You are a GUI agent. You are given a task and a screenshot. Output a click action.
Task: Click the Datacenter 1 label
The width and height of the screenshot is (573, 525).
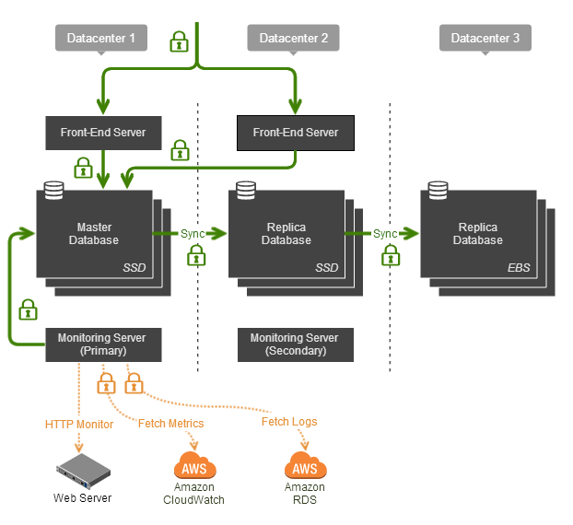click(101, 39)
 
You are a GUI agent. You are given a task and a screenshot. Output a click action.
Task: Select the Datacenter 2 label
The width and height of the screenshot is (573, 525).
click(294, 39)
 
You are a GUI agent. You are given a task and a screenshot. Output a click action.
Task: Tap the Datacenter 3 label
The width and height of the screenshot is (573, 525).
click(485, 39)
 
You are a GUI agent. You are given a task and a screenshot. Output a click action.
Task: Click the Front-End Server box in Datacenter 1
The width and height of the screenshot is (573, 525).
click(103, 133)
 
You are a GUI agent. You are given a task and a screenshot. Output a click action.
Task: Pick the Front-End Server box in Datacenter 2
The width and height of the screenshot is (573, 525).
click(295, 133)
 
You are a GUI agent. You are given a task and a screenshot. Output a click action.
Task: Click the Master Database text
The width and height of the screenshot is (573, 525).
click(97, 234)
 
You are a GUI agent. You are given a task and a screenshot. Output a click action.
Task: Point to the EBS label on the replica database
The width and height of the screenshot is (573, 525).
click(518, 268)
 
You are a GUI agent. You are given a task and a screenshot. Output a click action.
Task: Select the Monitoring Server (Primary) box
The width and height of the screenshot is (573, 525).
click(102, 344)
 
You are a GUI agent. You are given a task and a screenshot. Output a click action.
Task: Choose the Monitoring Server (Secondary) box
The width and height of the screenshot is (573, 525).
click(295, 344)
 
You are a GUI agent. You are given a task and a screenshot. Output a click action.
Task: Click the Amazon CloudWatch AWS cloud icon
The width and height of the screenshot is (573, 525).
click(193, 465)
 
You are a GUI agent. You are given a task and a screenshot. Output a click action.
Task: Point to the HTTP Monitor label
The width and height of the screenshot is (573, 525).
click(79, 425)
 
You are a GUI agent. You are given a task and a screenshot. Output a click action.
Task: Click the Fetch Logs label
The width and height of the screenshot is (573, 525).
click(289, 422)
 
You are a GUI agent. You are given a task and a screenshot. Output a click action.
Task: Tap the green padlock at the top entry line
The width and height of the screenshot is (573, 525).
click(179, 41)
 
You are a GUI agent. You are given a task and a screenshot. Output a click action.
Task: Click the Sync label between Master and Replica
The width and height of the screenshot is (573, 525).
click(193, 234)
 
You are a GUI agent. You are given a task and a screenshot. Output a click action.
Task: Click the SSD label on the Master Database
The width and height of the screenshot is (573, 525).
click(134, 268)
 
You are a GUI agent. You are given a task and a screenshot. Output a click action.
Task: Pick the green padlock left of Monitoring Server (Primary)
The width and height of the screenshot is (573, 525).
click(29, 308)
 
